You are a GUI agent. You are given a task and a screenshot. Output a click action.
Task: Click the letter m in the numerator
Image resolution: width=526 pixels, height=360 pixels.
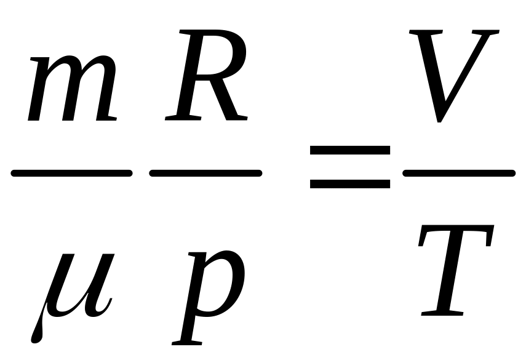(x=73, y=89)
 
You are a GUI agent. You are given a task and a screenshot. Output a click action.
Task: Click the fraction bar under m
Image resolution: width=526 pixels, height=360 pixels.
(x=71, y=174)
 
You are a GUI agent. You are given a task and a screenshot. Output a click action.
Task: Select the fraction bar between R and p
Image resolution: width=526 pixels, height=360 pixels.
(x=205, y=174)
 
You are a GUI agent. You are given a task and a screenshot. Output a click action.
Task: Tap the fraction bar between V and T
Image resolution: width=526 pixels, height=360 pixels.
(x=458, y=174)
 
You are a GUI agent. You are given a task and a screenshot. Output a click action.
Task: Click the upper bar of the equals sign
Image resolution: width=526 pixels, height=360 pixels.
(x=349, y=150)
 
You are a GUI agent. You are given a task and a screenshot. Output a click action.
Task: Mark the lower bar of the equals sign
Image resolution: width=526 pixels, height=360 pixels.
(x=349, y=183)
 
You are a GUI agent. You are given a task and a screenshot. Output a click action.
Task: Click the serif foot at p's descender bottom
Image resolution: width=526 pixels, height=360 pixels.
(x=188, y=341)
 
